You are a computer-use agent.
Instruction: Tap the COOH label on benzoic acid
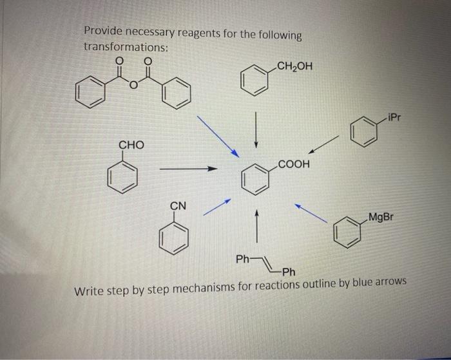tap(294, 165)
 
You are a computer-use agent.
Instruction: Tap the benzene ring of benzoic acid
tap(256, 180)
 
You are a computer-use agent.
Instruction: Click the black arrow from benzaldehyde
tap(187, 169)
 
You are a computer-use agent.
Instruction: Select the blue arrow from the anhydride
tap(218, 136)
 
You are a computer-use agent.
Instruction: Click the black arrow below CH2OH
tap(256, 129)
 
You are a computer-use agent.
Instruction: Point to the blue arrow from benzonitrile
tap(217, 207)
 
